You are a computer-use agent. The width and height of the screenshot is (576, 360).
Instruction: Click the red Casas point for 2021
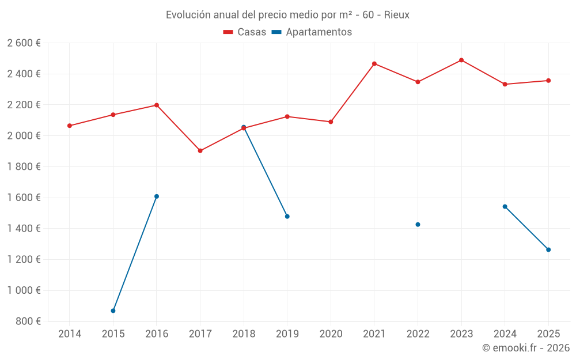point(374,64)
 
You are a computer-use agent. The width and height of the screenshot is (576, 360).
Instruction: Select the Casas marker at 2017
point(200,151)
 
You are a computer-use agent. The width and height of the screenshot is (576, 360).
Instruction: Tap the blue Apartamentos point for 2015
point(113,311)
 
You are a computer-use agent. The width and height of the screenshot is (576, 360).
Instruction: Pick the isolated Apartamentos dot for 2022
point(418,225)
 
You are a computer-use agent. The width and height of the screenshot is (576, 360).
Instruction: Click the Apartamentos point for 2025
point(548,250)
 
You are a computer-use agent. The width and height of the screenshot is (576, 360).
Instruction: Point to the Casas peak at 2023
point(461,60)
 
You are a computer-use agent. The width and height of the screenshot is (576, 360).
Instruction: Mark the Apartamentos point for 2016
point(157,196)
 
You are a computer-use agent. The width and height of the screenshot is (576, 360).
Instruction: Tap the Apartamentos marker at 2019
point(287,217)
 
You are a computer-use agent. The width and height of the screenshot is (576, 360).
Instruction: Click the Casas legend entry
point(245,32)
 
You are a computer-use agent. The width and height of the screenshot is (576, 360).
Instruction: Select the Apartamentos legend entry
point(312,32)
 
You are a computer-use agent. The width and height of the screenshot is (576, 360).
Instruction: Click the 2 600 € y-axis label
point(24,43)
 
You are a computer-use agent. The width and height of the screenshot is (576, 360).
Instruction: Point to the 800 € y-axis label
point(28,321)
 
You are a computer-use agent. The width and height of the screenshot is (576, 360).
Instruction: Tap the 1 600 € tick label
point(24,198)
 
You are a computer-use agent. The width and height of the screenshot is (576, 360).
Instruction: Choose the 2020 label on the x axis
point(331,334)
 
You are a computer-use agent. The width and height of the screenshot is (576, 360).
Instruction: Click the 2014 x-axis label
point(70,334)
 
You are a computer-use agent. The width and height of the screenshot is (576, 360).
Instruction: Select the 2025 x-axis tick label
point(548,334)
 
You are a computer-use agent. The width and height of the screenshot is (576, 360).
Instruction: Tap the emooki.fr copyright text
point(526,348)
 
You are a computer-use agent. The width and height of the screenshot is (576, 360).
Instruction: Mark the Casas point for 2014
point(70,126)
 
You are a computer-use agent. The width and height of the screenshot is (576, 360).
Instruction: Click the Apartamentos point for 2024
point(505,207)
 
